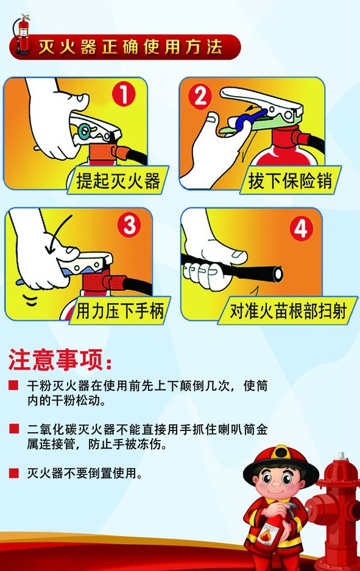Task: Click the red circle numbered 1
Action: (x=124, y=95)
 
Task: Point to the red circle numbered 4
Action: (x=302, y=228)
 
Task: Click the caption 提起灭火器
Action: (x=118, y=180)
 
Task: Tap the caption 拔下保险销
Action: (x=291, y=180)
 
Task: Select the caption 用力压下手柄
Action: (x=120, y=310)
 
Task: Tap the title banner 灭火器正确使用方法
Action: (x=130, y=47)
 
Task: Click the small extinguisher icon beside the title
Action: (x=22, y=35)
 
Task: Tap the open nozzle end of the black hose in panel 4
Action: (x=278, y=273)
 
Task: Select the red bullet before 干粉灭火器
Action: (x=14, y=385)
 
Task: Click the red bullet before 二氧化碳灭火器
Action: (x=14, y=429)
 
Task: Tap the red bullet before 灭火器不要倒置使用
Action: (x=14, y=473)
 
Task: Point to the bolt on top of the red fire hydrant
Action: (x=341, y=455)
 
